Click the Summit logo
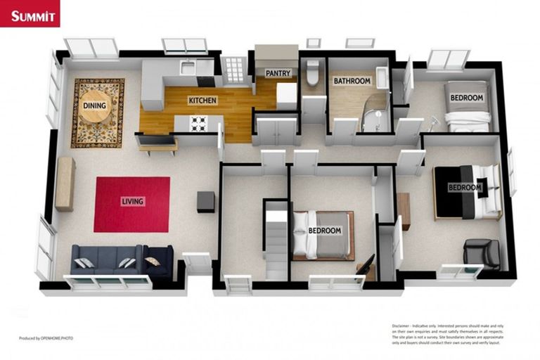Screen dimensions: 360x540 pos(30,13)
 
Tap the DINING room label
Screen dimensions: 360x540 pos(95,106)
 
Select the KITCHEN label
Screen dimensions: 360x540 pos(202,101)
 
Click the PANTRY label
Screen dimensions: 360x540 pos(278,73)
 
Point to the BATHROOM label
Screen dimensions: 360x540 pos(352,81)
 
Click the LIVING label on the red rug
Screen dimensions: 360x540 pos(132,202)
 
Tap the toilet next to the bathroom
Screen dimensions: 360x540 pos(313,73)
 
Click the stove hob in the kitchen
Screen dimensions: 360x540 pos(199,123)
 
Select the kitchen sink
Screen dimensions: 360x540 pos(187,67)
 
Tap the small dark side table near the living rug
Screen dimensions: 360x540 pos(206,202)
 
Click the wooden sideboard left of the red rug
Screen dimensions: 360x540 pos(65,184)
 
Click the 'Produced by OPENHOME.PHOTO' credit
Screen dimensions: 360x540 pos(46,338)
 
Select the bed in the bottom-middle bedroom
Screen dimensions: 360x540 pos(322,234)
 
